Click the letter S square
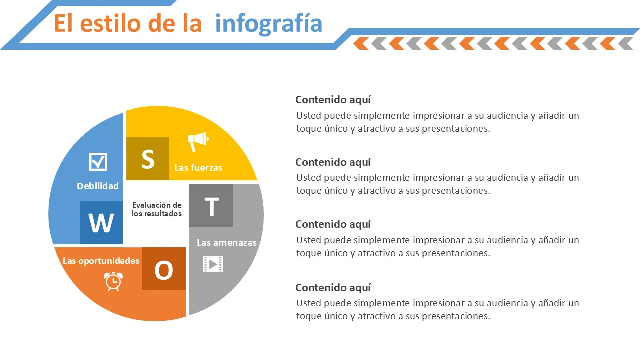point(148,159)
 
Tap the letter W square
point(101,222)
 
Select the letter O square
point(164,269)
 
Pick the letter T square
point(211,205)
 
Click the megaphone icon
point(198,141)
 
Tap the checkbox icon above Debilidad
point(98,161)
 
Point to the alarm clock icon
point(113,281)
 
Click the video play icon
point(213,264)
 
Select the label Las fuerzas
point(198,167)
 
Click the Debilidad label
point(98,186)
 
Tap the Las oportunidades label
point(101,261)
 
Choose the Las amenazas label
point(227,243)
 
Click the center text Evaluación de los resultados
point(157,209)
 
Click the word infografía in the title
point(269,23)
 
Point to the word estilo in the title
point(110,23)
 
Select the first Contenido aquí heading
point(333,100)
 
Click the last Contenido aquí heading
point(333,288)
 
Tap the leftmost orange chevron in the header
point(360,43)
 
